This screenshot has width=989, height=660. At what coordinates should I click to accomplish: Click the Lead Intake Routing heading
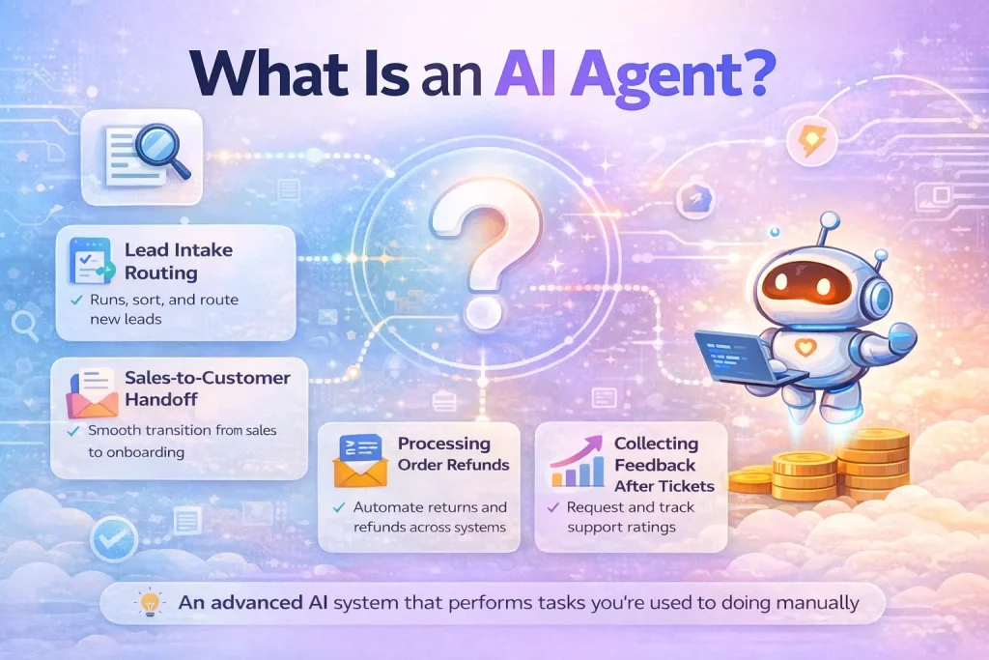click(x=179, y=261)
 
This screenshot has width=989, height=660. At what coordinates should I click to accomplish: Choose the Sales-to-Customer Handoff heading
click(x=208, y=387)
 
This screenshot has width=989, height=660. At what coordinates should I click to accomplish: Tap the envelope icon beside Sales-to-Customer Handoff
click(x=92, y=391)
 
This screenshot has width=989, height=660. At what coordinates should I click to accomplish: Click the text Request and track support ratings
click(x=631, y=516)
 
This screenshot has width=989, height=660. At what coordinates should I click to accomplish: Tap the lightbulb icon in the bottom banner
click(x=149, y=603)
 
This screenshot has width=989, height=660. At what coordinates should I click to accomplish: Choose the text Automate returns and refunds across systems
click(x=430, y=516)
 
